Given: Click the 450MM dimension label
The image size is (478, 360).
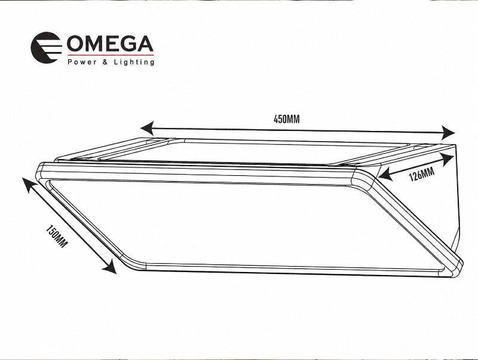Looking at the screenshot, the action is click(287, 119).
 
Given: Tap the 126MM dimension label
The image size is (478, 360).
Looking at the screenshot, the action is click(421, 175).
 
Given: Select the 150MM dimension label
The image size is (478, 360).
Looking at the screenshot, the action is click(57, 236).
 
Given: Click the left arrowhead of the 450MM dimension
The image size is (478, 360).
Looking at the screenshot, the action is click(146, 128).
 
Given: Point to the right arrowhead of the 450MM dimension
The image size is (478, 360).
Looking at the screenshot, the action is click(449, 133).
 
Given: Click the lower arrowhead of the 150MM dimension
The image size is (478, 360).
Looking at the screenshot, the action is click(109, 267).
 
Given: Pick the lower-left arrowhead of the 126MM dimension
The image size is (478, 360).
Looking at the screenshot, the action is click(385, 174).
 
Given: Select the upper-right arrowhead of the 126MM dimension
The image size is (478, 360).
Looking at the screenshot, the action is click(447, 160).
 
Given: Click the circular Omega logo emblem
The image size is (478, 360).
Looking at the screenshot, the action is click(46, 47).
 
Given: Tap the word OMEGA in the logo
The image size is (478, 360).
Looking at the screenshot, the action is click(110, 44).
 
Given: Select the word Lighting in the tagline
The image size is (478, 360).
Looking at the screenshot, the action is click(134, 62).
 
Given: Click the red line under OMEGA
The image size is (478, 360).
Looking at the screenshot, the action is click(111, 55).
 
